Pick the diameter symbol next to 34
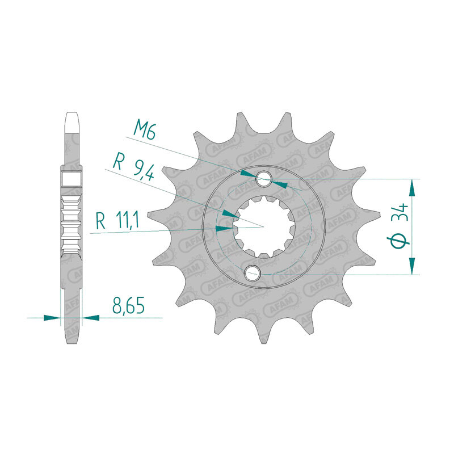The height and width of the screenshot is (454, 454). (399, 241)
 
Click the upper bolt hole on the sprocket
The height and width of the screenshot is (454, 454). (264, 179)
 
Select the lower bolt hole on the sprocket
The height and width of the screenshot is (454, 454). (252, 274)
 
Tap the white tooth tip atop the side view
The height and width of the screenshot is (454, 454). (72, 121)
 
